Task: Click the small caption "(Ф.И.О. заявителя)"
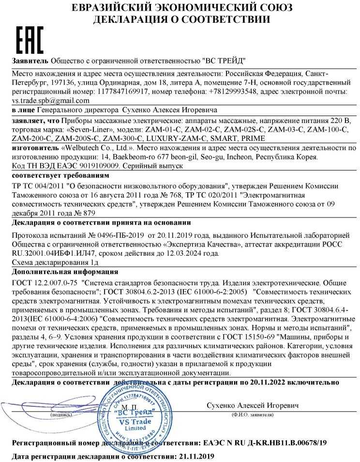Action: pyautogui.click(x=252, y=415)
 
